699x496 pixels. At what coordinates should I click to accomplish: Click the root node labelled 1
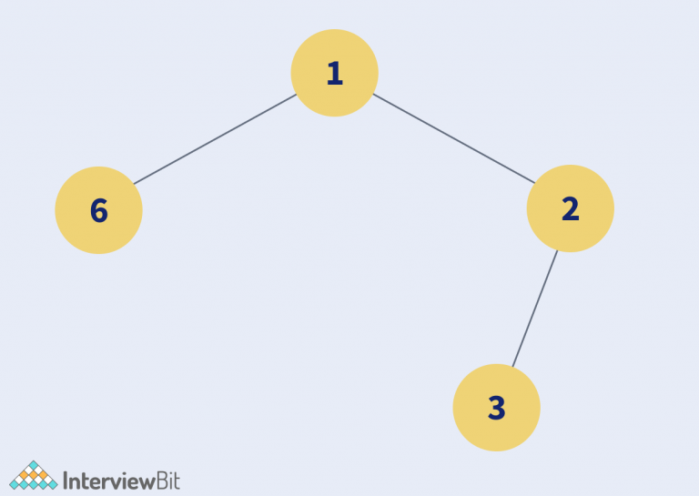[x=334, y=73]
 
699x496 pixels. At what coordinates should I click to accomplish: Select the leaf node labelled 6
[x=98, y=210]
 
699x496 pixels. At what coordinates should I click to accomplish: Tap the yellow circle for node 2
[x=570, y=208]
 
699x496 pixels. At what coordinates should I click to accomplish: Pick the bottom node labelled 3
[x=497, y=408]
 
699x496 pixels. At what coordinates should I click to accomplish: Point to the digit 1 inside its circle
[x=335, y=73]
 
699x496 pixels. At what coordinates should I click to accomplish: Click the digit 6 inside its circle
[x=99, y=210]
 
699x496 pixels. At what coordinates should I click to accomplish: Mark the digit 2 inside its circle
[x=571, y=208]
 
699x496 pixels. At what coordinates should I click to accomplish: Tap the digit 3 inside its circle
[x=497, y=408]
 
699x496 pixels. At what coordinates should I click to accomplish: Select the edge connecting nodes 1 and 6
[x=216, y=139]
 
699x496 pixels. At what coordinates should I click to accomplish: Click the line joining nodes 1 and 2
[x=454, y=138]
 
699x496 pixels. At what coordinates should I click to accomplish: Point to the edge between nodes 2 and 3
[x=535, y=309]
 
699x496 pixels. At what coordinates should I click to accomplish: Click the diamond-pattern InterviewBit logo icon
[x=34, y=475]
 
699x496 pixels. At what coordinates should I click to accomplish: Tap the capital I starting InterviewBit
[x=66, y=481]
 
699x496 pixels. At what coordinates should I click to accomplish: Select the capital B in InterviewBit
[x=162, y=481]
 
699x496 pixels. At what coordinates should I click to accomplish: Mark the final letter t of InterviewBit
[x=177, y=481]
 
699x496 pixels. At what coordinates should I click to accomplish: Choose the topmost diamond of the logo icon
[x=34, y=465]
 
